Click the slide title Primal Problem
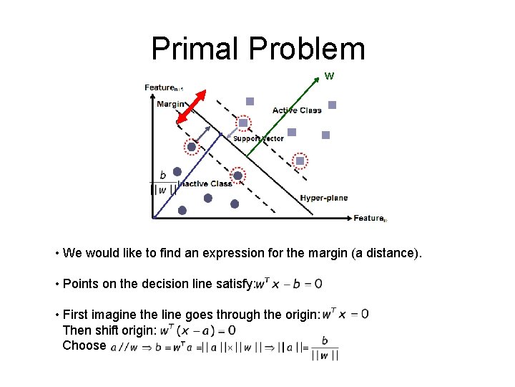coord(257,49)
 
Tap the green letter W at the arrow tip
coord(329,75)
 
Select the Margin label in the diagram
coord(170,104)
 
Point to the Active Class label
coord(297,110)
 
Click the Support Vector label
coord(258,138)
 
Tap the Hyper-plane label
coord(324,198)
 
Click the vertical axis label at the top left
coord(164,88)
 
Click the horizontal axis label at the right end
coord(370,218)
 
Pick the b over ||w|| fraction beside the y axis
coord(163,183)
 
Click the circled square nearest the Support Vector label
coord(243,123)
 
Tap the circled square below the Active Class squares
coord(300,161)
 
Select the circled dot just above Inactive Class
coord(237,175)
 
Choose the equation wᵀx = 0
coord(345,313)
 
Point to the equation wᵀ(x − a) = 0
coord(197,330)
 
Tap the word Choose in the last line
coord(84,345)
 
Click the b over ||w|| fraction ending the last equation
coord(325,348)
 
